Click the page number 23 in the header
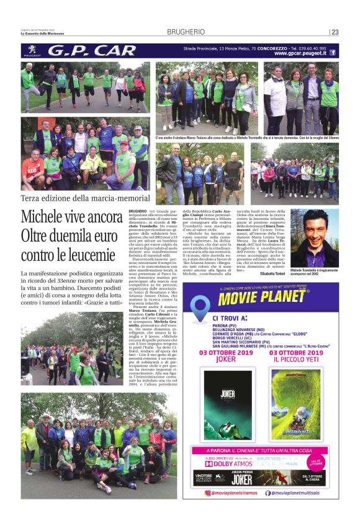point(335,32)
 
